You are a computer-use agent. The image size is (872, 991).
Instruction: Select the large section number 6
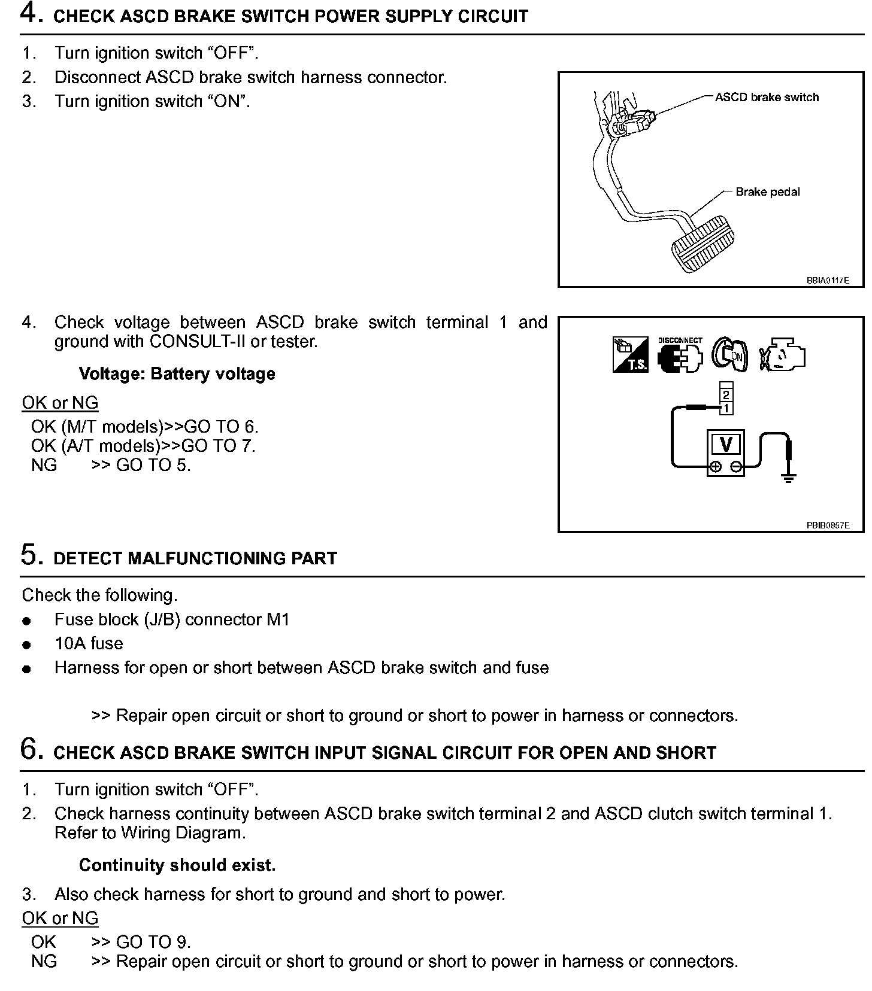(x=31, y=749)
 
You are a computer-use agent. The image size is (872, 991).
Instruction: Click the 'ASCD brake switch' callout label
(x=767, y=98)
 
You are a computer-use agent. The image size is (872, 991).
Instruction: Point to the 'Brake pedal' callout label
(x=767, y=192)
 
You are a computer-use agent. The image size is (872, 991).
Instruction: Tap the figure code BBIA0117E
(x=827, y=280)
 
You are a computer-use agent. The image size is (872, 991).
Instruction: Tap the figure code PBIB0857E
(x=827, y=525)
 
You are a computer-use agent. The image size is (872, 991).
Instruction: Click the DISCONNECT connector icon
(x=680, y=355)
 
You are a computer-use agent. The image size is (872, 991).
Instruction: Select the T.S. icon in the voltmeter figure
(x=630, y=355)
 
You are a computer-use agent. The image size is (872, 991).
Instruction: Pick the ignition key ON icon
(x=729, y=354)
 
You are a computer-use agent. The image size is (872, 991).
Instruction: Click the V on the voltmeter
(x=726, y=445)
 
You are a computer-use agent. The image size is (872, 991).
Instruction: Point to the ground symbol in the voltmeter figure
(x=788, y=477)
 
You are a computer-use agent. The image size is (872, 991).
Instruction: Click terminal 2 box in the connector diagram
(x=726, y=395)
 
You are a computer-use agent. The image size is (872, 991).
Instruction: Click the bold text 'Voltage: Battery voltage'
(x=177, y=374)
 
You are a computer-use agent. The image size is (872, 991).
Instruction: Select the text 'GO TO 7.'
(x=219, y=446)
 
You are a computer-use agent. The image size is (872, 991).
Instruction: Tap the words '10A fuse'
(x=89, y=643)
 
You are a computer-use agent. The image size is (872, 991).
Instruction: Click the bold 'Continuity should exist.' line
(x=177, y=865)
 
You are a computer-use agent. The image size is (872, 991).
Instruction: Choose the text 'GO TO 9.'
(x=153, y=942)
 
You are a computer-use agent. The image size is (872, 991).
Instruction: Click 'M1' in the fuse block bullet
(x=278, y=619)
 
